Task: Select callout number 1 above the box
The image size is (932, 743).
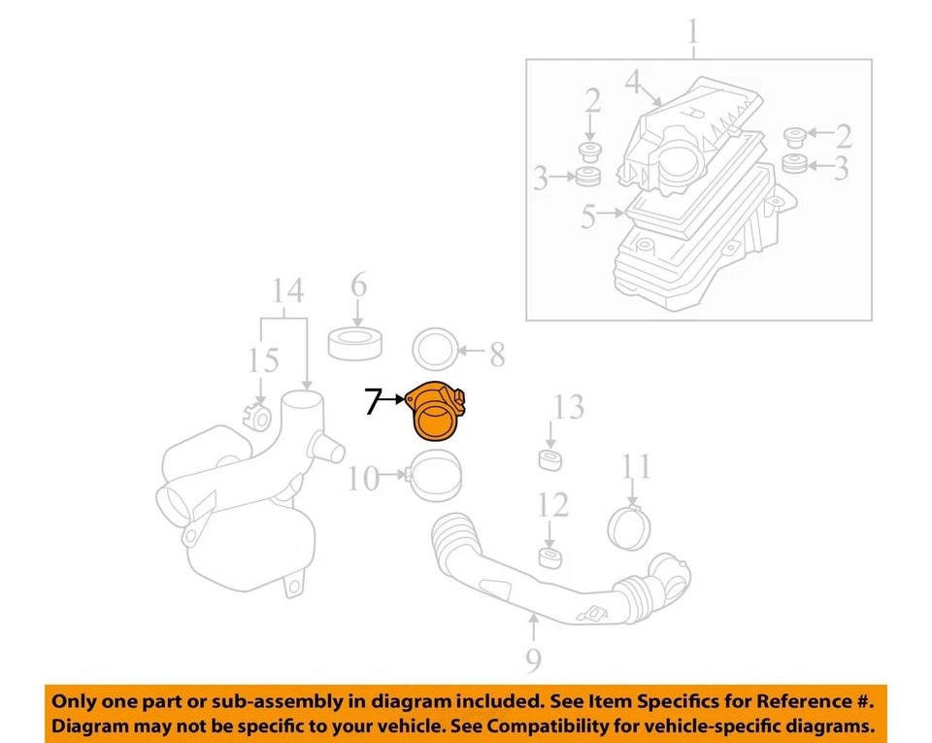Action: [693, 34]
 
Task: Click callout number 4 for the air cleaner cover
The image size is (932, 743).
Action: [633, 84]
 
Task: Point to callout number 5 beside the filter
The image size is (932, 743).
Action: [588, 216]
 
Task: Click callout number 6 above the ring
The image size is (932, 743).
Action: [358, 287]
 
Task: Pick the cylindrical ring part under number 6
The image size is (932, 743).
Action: [357, 344]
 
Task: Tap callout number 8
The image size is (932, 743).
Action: [497, 355]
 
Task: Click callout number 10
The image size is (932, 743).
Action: [363, 479]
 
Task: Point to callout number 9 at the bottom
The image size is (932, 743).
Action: [533, 660]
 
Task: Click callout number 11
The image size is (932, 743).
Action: [637, 468]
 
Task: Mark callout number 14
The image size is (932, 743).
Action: [287, 290]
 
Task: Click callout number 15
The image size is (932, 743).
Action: [261, 361]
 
